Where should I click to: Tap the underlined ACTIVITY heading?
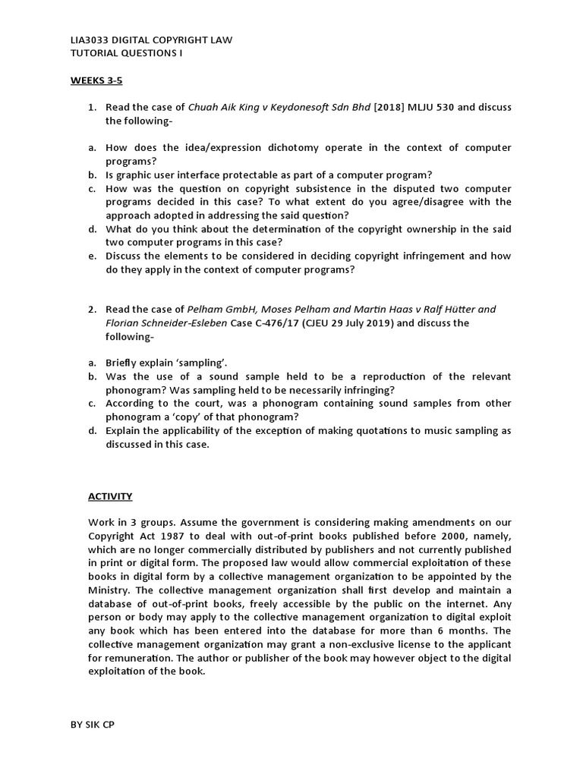click(x=110, y=496)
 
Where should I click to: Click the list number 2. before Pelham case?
click(x=92, y=310)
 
